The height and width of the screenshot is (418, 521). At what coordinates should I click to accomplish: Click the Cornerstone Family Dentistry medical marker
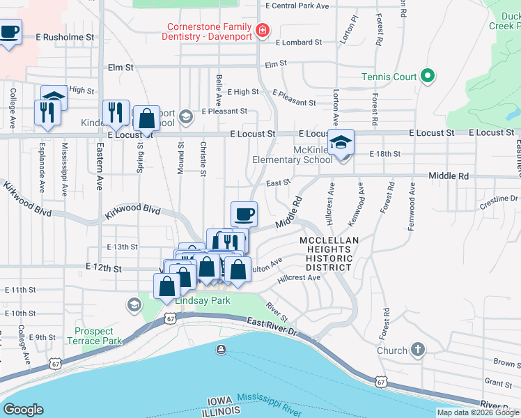[x=262, y=30]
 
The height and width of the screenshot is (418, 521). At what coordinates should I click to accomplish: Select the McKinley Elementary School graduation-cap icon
[x=341, y=144]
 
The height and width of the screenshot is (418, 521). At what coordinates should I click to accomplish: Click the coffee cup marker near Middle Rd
[x=243, y=214]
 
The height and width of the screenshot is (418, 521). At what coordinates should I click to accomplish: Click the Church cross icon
[x=417, y=350]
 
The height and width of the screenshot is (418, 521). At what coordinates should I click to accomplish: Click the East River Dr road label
[x=272, y=325]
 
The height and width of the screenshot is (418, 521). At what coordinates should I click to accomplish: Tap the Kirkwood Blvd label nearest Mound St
[x=132, y=210]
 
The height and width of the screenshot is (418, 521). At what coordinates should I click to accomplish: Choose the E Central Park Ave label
[x=297, y=6]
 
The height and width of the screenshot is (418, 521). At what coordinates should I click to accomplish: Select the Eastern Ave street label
[x=100, y=158]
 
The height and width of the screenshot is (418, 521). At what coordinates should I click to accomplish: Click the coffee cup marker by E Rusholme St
[x=9, y=32]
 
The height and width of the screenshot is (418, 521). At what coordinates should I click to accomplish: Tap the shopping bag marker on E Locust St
[x=147, y=119]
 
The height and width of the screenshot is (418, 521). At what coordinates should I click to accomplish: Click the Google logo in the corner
[x=23, y=410]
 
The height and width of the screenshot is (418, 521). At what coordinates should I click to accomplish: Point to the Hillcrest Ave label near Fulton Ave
[x=299, y=277]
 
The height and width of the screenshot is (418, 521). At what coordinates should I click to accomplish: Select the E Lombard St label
[x=299, y=42]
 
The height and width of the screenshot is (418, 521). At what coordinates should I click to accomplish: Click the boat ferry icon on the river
[x=221, y=349]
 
